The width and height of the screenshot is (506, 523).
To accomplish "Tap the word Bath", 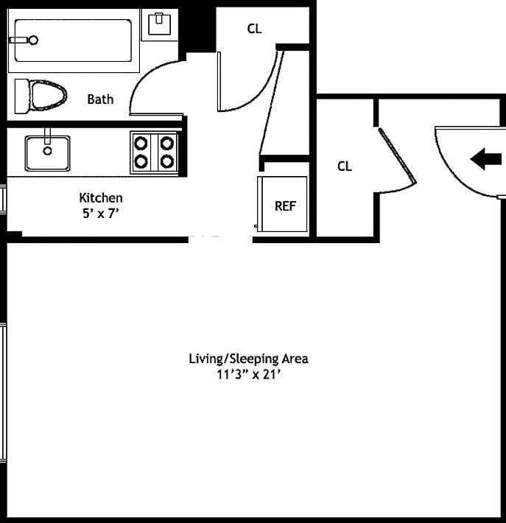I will pyautogui.click(x=100, y=99).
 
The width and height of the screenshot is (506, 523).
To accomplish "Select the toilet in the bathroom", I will pyautogui.click(x=41, y=95).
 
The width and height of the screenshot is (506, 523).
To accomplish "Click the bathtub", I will pyautogui.click(x=71, y=41).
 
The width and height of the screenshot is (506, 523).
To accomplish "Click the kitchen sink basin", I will pyautogui.click(x=48, y=152).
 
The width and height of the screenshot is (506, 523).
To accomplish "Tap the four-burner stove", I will pyautogui.click(x=154, y=152).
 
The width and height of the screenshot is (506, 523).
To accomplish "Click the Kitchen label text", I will pyautogui.click(x=101, y=197).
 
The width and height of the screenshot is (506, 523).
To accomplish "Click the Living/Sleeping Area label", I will pyautogui.click(x=248, y=359).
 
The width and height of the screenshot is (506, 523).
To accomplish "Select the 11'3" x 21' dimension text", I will pyautogui.click(x=248, y=373).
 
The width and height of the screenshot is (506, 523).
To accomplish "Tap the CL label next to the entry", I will pyautogui.click(x=345, y=166).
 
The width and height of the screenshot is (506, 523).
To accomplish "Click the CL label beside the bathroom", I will pyautogui.click(x=254, y=29).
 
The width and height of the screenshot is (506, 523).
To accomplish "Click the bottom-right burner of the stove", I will pyautogui.click(x=167, y=161).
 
